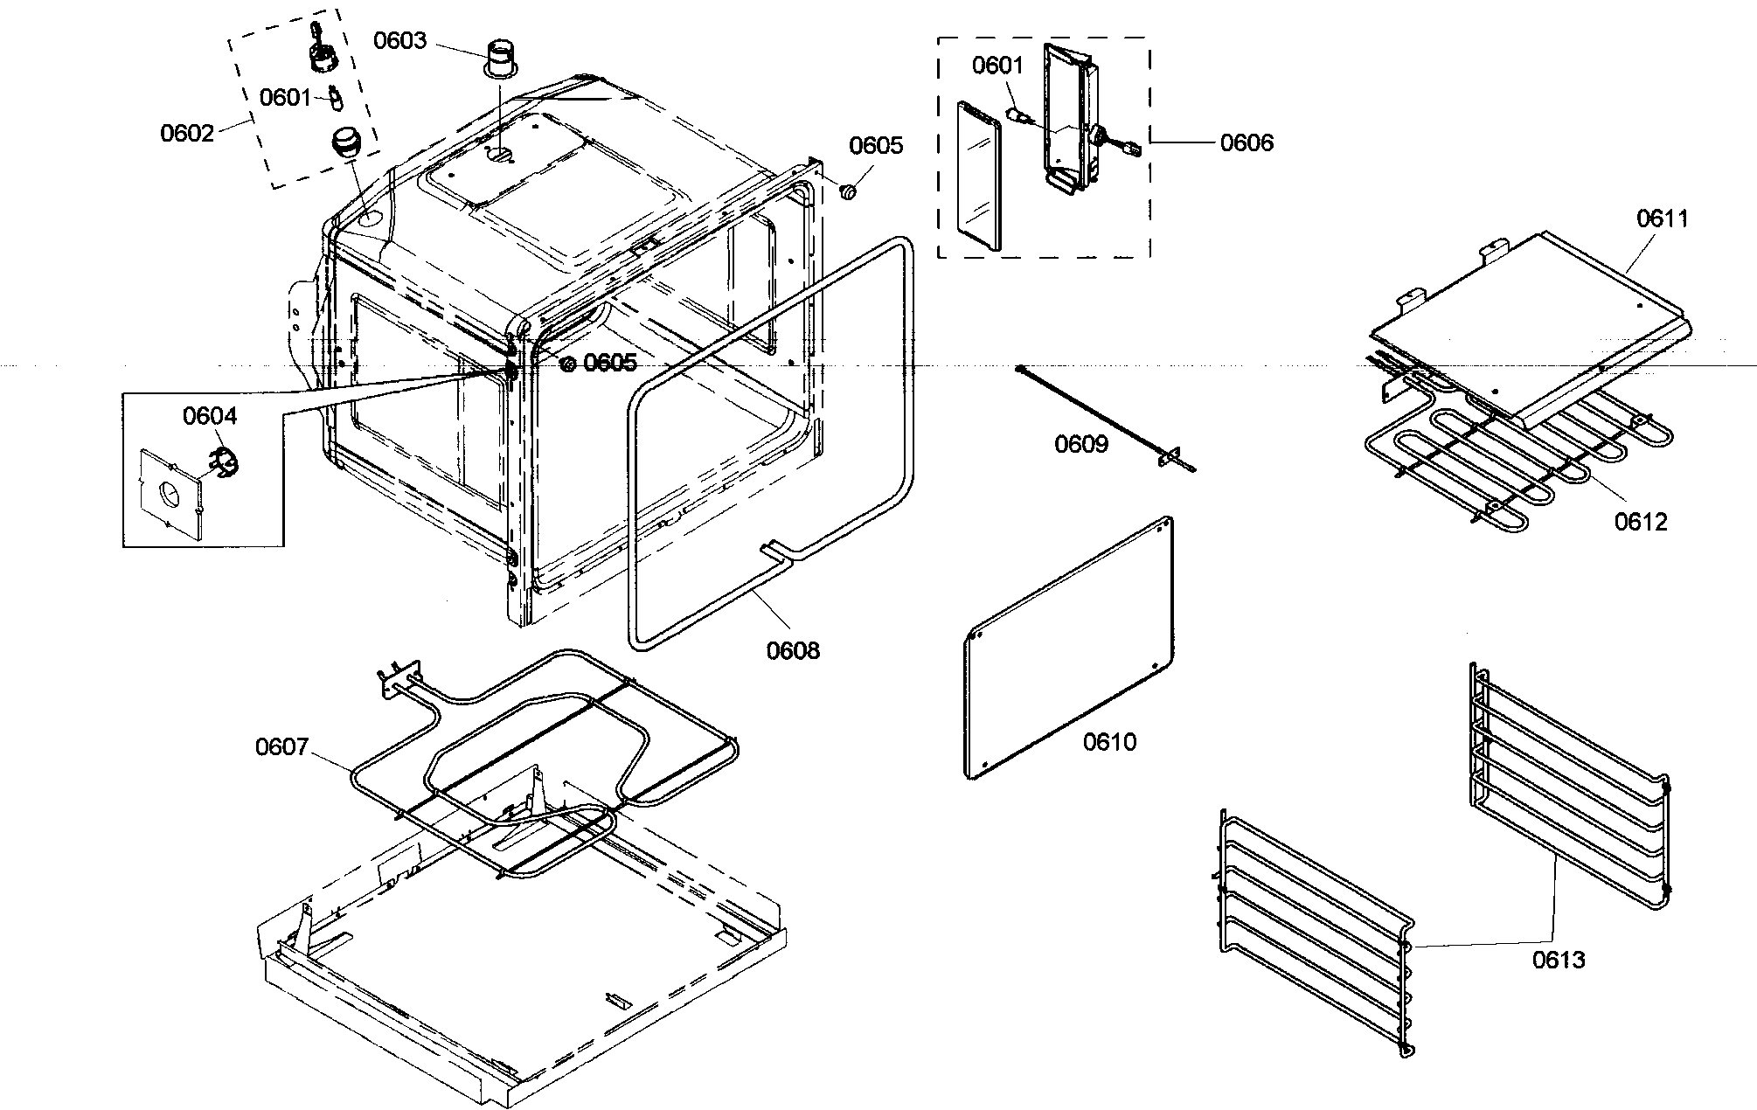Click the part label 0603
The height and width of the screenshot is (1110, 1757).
pyautogui.click(x=400, y=41)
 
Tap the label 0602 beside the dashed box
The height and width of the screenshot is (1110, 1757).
pyautogui.click(x=187, y=133)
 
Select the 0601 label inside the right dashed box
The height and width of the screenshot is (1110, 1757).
pyautogui.click(x=997, y=66)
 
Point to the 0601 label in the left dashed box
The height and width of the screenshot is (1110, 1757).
pyautogui.click(x=285, y=97)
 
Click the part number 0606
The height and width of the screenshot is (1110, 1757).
pyautogui.click(x=1247, y=142)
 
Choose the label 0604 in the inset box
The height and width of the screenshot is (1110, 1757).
pyautogui.click(x=210, y=416)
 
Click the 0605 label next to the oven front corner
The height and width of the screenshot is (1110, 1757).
pyautogui.click(x=610, y=363)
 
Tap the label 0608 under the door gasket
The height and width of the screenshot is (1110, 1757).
pyautogui.click(x=793, y=650)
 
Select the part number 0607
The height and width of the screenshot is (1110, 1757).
pyautogui.click(x=281, y=747)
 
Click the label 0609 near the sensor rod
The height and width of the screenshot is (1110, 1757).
pyautogui.click(x=1081, y=445)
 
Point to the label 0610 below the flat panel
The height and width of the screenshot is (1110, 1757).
pyautogui.click(x=1109, y=742)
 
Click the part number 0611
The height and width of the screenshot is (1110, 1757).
pyautogui.click(x=1662, y=219)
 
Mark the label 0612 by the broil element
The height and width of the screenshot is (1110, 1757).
pyautogui.click(x=1641, y=522)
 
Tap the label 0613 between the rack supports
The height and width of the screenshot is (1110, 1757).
pyautogui.click(x=1559, y=961)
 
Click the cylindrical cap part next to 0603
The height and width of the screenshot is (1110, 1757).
pyautogui.click(x=502, y=58)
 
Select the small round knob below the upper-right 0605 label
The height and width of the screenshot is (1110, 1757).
pyautogui.click(x=847, y=191)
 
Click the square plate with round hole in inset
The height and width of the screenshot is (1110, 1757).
pyautogui.click(x=170, y=492)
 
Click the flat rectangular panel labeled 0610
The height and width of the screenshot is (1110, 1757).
pyautogui.click(x=1071, y=647)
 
